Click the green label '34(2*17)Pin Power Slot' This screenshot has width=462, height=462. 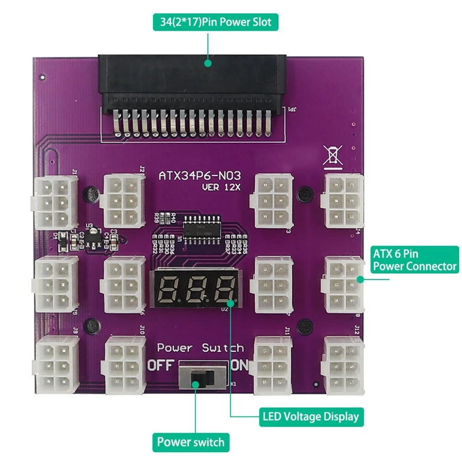(213, 23)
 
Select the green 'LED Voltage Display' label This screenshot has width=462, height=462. (310, 416)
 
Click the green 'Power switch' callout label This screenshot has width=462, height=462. (191, 442)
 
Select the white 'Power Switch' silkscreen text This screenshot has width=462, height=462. (200, 348)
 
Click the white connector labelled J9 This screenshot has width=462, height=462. (56, 364)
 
